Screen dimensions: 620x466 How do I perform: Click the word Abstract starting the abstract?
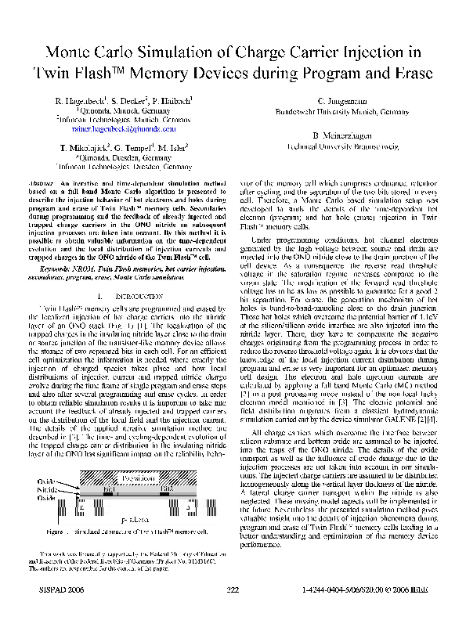52,182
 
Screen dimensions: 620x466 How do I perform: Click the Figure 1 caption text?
133,532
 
